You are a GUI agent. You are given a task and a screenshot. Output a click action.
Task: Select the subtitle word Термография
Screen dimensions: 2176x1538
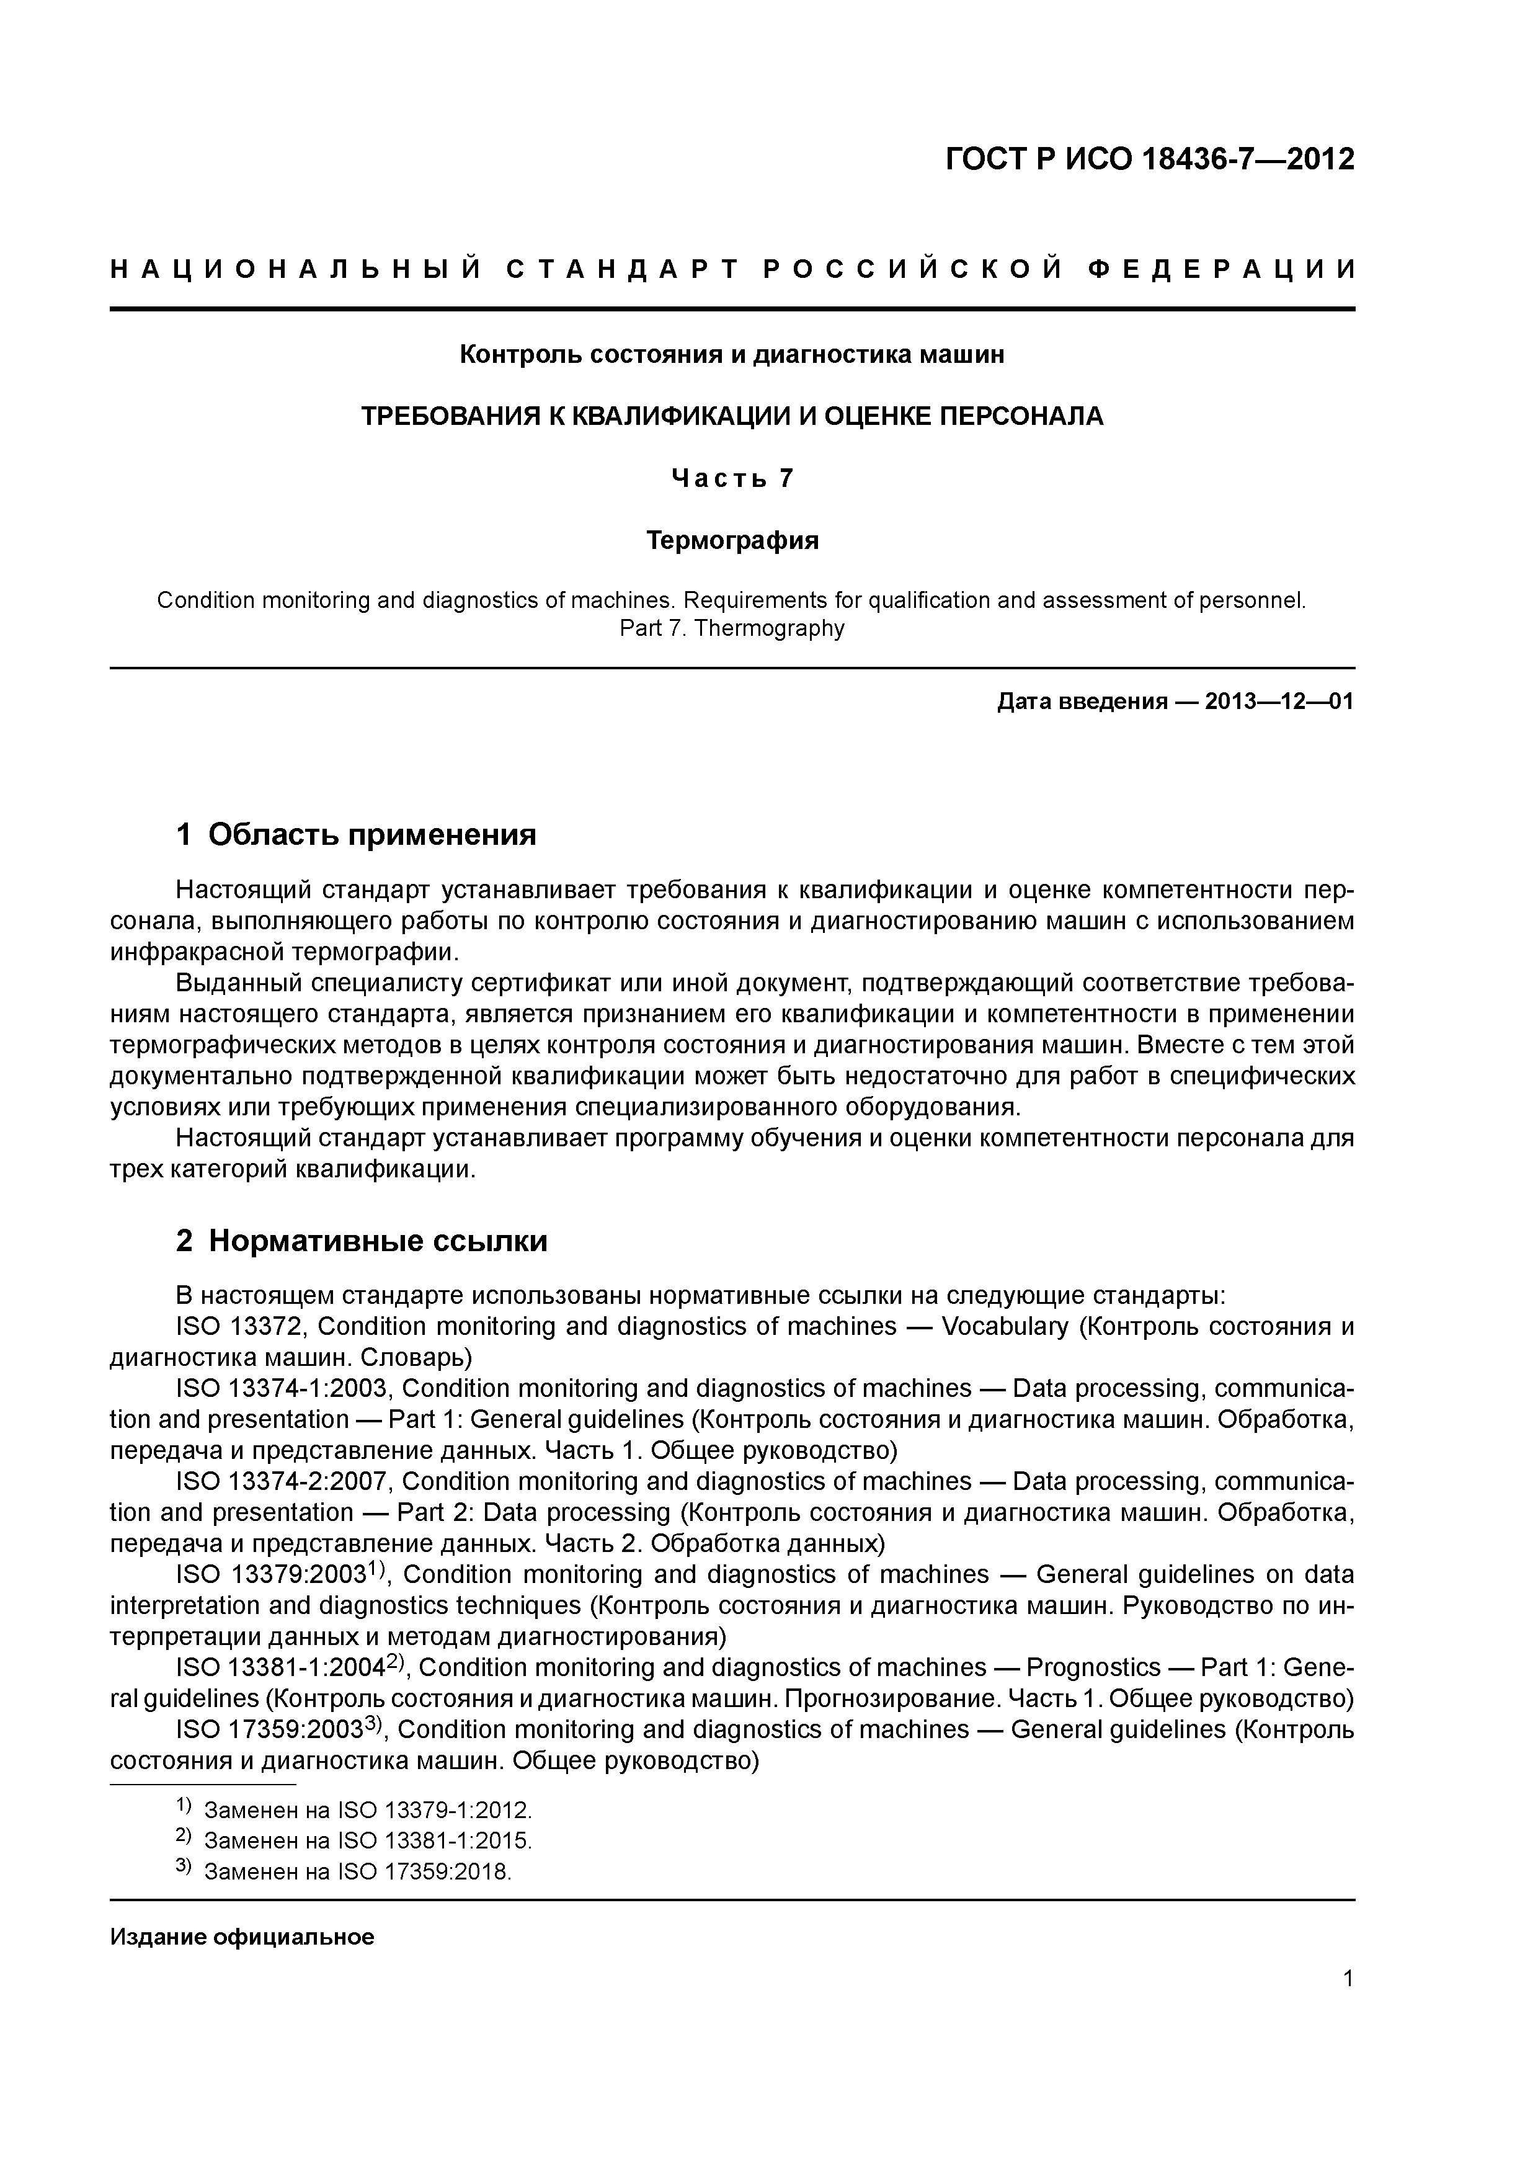click(x=732, y=540)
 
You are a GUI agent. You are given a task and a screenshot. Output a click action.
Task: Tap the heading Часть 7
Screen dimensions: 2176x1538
click(x=732, y=479)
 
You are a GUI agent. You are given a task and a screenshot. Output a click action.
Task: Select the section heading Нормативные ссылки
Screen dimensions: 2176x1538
click(x=377, y=1241)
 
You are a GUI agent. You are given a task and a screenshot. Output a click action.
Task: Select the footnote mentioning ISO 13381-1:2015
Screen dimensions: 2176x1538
click(x=368, y=1842)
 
